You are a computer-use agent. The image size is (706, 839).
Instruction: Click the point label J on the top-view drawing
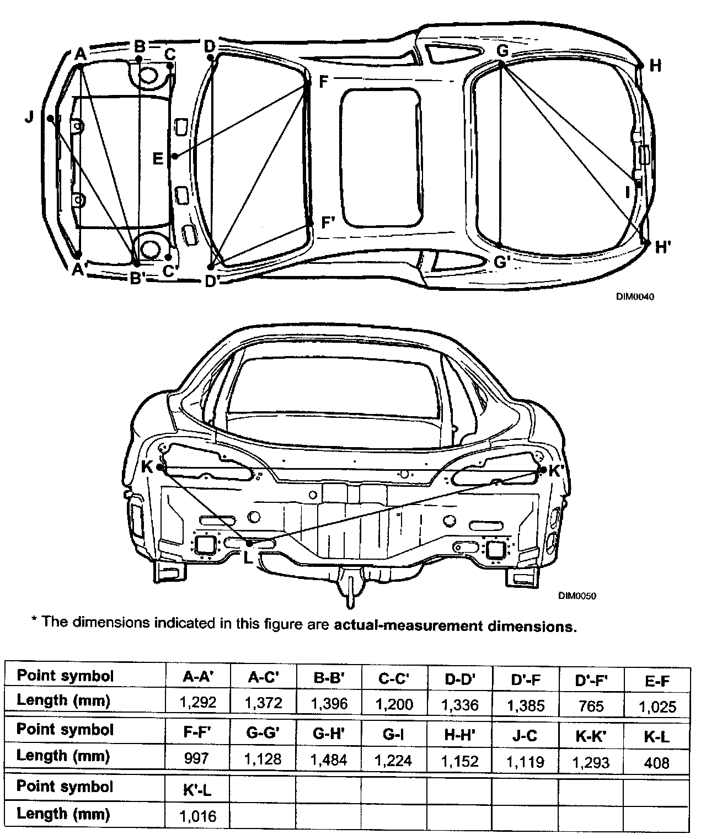click(x=29, y=117)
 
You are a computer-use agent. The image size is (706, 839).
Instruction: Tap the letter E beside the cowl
click(x=158, y=159)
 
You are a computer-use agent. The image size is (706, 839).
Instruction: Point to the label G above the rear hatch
click(x=502, y=50)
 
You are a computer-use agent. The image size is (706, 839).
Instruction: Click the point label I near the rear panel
click(x=627, y=192)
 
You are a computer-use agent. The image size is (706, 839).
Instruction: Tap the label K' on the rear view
click(x=555, y=471)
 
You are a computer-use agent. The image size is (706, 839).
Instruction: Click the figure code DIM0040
click(x=635, y=296)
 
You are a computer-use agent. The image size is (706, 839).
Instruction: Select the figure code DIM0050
click(x=577, y=596)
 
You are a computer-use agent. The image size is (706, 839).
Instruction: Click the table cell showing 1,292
click(x=197, y=703)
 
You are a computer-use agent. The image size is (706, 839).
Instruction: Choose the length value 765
click(x=591, y=705)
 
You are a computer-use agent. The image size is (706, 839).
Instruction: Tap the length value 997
click(x=197, y=758)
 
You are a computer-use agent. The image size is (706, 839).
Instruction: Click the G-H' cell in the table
click(x=329, y=734)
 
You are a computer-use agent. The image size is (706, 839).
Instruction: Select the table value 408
click(x=656, y=763)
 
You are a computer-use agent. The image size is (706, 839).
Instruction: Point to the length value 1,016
click(x=198, y=816)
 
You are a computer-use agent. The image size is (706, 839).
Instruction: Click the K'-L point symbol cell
click(x=198, y=790)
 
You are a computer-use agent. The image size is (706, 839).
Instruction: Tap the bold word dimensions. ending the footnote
click(x=531, y=626)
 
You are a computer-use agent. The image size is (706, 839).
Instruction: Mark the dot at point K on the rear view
click(x=160, y=467)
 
